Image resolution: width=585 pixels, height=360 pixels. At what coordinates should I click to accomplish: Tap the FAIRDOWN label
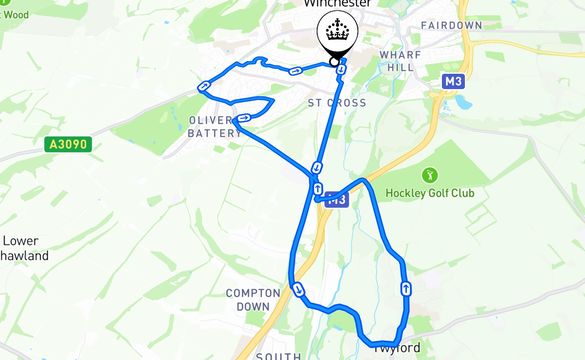tap(451, 26)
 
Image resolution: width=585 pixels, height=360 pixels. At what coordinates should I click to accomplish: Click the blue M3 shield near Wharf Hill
tap(453, 81)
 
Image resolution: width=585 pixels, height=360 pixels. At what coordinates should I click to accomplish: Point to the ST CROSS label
tap(337, 103)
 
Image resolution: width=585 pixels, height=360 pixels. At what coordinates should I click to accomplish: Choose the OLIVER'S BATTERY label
tap(215, 127)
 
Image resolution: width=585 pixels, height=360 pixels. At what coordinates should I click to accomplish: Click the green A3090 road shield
tap(68, 144)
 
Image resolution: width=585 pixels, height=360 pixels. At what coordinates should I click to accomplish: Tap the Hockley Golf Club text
tap(430, 193)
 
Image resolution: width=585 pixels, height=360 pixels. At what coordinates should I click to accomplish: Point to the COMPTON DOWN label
tap(253, 300)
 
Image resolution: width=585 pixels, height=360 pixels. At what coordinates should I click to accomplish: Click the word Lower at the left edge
tap(20, 241)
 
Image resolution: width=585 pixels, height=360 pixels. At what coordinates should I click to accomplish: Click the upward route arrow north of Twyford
tap(406, 288)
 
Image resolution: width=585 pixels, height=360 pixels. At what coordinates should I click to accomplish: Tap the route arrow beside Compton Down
tap(298, 289)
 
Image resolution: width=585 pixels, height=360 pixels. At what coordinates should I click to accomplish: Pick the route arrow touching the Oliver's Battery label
tap(243, 118)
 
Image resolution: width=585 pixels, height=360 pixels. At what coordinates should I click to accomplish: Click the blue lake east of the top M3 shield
tap(463, 102)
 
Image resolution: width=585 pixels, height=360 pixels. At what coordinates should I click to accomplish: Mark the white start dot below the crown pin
tap(334, 62)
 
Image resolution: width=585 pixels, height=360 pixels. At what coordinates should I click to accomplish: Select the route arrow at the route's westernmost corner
tap(204, 86)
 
